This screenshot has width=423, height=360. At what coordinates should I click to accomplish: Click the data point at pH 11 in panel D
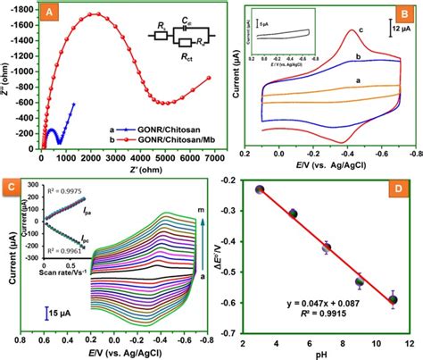(x=393, y=300)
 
